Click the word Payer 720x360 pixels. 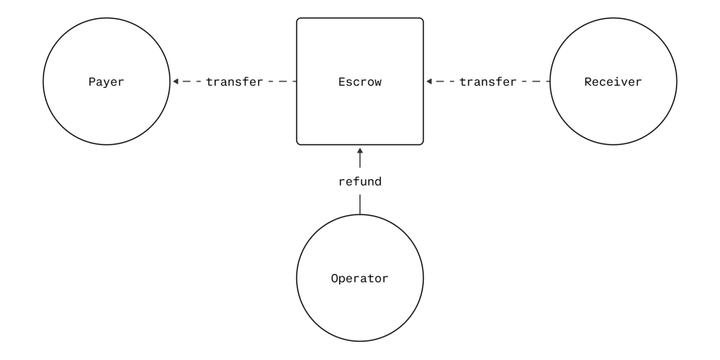pos(107,82)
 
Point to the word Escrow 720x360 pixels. pos(360,82)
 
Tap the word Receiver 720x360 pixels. pos(613,82)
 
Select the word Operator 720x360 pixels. pos(360,278)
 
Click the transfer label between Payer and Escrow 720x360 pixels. pos(234,82)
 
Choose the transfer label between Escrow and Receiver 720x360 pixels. pos(488,82)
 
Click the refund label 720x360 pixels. pos(360,182)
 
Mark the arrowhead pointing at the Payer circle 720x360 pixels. pos(175,82)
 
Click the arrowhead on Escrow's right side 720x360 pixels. pos(429,82)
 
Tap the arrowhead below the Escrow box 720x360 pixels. pos(360,150)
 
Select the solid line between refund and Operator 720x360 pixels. pos(360,205)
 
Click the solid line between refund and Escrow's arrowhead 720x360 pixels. pos(360,160)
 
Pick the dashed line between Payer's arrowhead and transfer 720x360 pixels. pos(190,82)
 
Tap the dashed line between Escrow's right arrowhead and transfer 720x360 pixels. pos(443,82)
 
